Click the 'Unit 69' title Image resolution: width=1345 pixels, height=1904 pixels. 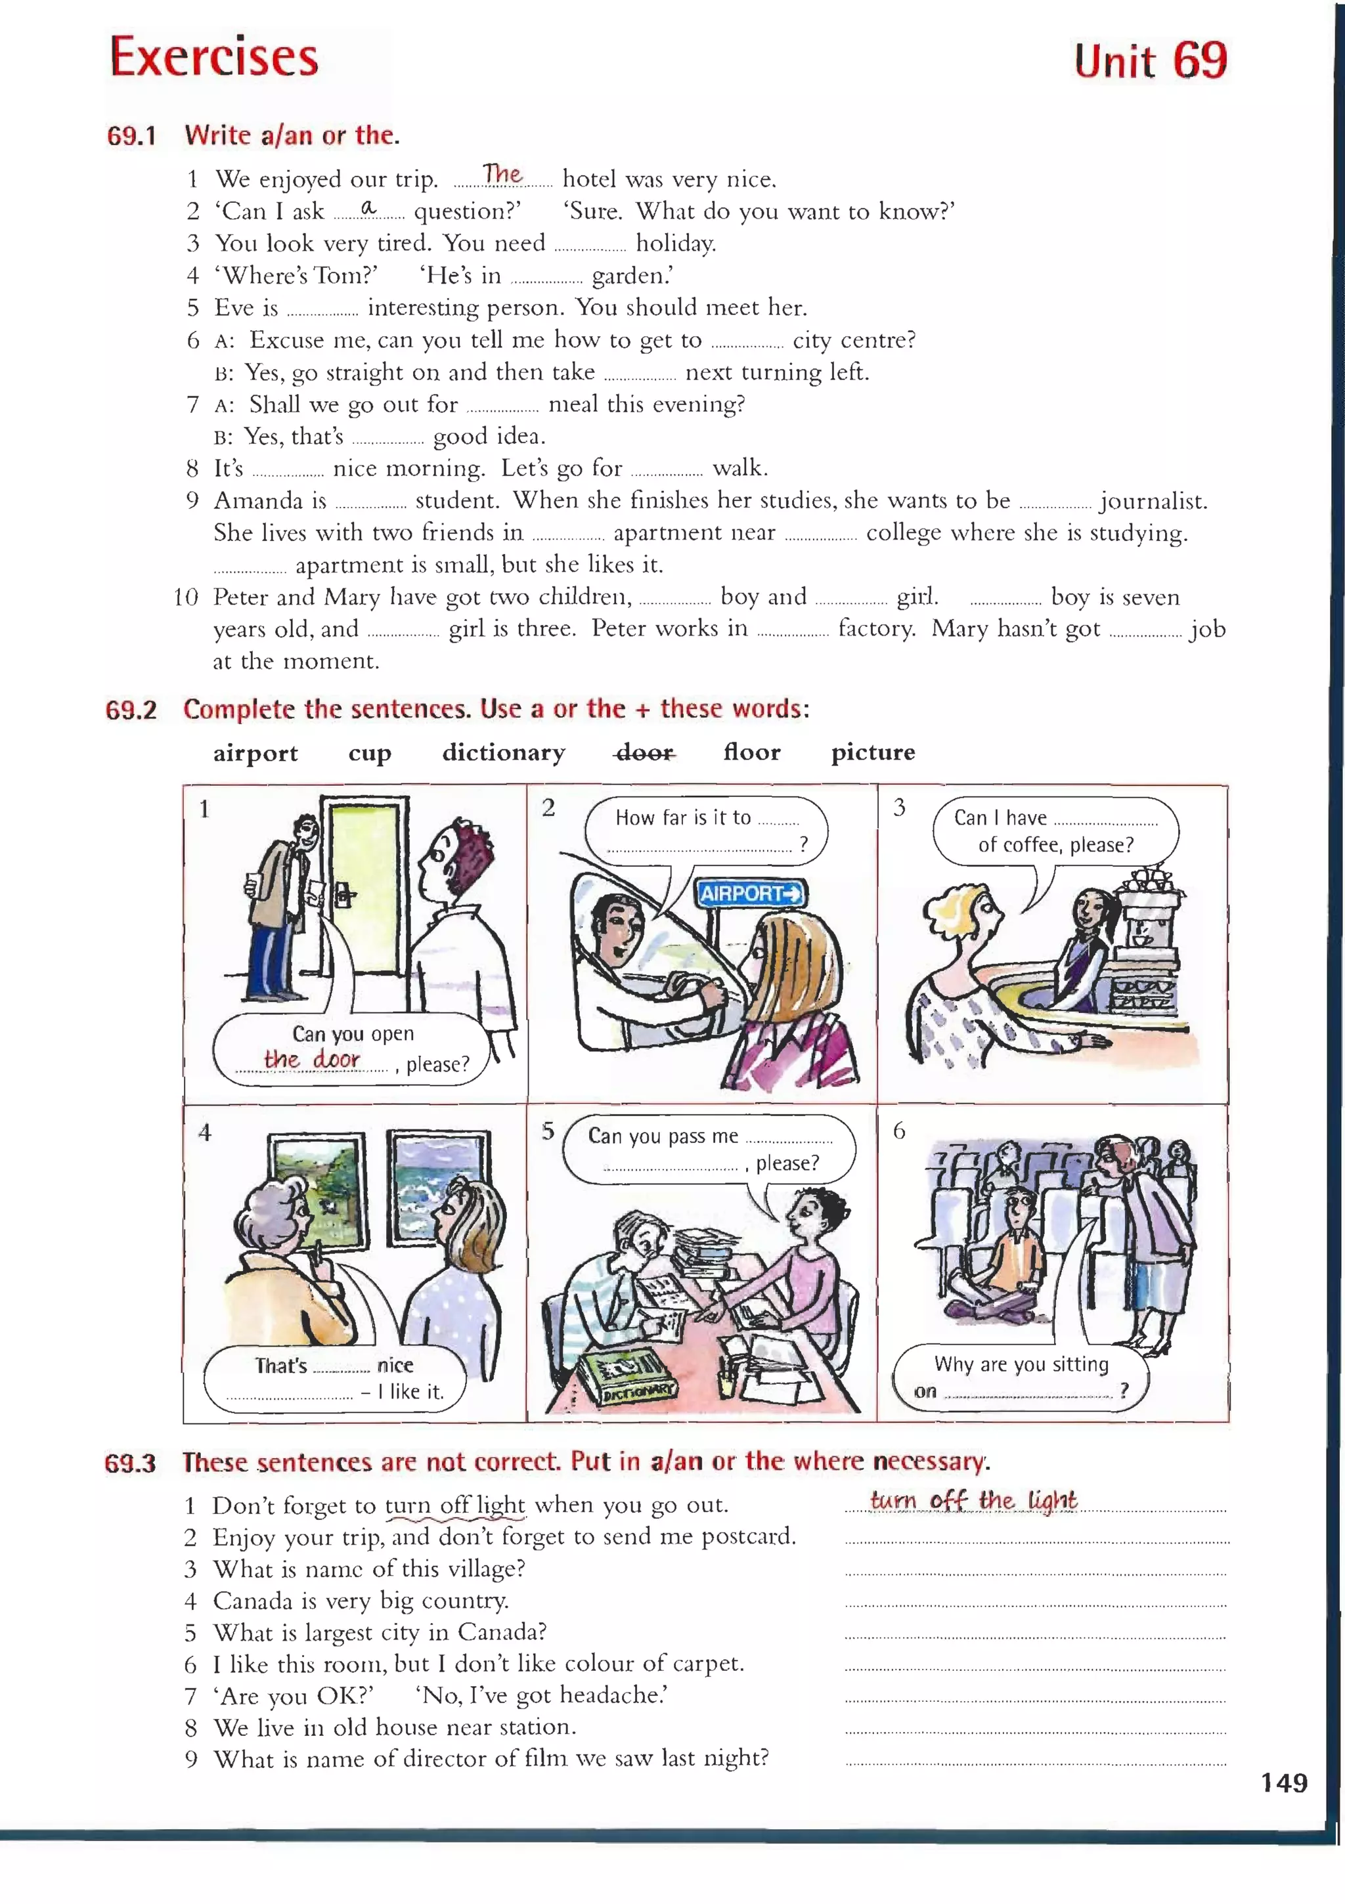click(1150, 60)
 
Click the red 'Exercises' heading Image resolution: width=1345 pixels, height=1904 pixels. click(214, 57)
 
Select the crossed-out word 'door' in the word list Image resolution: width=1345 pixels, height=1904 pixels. click(645, 752)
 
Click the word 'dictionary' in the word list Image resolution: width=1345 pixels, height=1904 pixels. click(504, 752)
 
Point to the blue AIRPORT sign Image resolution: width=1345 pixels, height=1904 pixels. click(750, 893)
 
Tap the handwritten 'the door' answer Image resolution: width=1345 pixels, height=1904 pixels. click(311, 1059)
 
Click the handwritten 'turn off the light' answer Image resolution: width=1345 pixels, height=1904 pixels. click(973, 1500)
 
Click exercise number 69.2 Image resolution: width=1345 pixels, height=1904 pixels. click(131, 710)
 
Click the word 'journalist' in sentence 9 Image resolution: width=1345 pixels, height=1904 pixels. click(1153, 501)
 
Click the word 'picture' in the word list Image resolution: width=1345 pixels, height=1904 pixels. click(873, 752)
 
